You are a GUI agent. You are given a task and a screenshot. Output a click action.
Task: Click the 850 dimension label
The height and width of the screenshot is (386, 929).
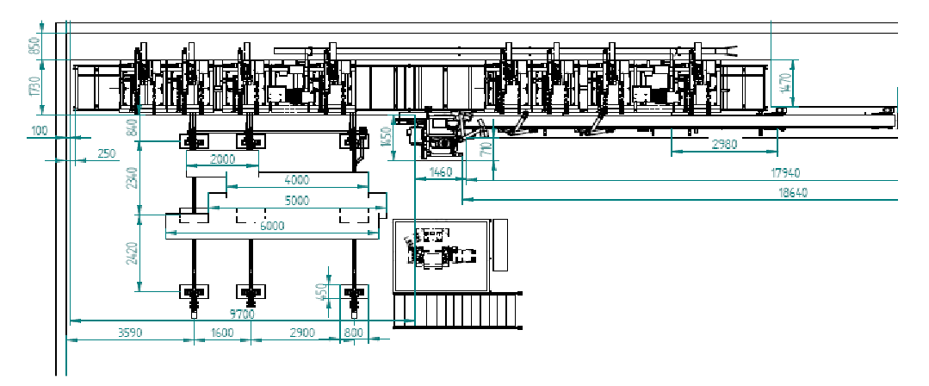[x=35, y=46]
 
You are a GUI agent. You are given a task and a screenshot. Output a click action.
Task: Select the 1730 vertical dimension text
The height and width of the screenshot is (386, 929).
[x=35, y=88]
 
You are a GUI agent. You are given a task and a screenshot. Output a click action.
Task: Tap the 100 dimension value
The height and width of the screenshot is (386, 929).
[x=39, y=131]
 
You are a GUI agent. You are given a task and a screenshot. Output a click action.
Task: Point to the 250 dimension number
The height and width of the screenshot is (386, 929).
[x=106, y=153]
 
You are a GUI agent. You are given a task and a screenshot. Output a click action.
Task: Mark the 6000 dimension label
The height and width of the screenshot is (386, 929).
[x=271, y=225]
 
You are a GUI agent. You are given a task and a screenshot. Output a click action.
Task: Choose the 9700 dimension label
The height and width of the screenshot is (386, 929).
[x=243, y=314]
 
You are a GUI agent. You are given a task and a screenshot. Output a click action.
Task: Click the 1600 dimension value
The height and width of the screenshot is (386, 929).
[x=222, y=333]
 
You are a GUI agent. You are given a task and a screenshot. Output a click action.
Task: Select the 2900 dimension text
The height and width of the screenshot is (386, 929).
[x=302, y=333]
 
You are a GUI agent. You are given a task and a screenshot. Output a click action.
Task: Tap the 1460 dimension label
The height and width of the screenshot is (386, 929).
[x=440, y=173]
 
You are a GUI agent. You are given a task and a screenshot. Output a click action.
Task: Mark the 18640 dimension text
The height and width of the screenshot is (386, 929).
[x=792, y=193]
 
